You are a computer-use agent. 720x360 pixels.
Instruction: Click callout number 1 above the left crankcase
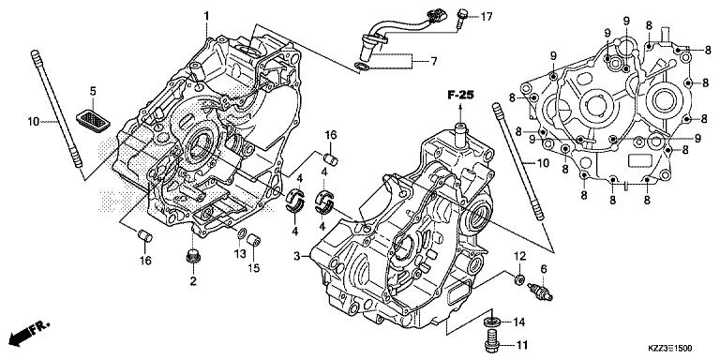click(207, 14)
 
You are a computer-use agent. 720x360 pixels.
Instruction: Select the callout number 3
click(296, 256)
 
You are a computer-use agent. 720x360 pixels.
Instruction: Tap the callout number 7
click(434, 62)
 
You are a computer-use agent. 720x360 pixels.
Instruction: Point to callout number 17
click(487, 16)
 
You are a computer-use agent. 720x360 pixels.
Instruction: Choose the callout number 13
click(240, 253)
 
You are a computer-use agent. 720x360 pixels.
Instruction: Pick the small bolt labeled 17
click(463, 15)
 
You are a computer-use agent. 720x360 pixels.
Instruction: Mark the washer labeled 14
click(491, 323)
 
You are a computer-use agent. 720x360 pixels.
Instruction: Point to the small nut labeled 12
click(517, 278)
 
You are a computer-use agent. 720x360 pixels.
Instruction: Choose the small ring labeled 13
click(243, 233)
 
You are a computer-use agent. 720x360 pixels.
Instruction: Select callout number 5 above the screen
click(93, 90)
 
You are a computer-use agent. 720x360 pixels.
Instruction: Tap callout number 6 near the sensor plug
click(542, 269)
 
